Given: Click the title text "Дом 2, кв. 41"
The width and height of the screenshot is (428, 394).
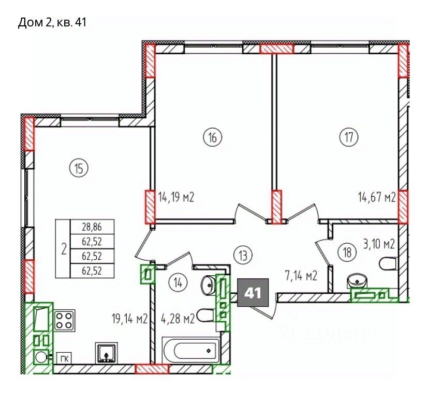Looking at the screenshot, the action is point(52,22).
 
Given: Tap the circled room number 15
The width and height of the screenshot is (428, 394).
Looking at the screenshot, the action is point(79,169).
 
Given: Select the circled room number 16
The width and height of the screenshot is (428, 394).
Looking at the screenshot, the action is point(213,137).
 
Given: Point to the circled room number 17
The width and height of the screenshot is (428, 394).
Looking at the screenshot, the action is point(349,137).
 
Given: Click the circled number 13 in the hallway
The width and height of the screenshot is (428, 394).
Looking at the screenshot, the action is point(243,256).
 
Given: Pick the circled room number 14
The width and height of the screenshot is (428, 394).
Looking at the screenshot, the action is point(178,283).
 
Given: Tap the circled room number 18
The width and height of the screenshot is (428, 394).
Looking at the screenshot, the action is point(347,252).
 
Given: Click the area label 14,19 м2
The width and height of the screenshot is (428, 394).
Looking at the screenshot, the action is point(176,197).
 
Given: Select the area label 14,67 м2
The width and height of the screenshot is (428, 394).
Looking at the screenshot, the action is point(377,197).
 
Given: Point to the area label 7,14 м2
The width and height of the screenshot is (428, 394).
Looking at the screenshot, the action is point(300,277).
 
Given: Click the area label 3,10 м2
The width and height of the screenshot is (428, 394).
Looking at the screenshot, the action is point(378,244).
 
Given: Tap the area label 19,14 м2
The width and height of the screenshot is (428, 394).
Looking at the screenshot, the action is point(130,318).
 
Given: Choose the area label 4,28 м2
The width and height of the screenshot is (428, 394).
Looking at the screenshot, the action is point(178,318).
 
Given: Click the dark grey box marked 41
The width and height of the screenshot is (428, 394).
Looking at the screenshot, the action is point(253,292).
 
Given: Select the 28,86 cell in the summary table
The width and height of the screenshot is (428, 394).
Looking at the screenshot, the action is point(92,227).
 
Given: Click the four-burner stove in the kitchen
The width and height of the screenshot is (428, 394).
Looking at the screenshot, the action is point(64,321).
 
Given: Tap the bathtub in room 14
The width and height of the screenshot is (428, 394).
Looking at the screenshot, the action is point(191,351).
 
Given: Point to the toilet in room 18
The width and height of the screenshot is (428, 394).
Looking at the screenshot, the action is point(388,263).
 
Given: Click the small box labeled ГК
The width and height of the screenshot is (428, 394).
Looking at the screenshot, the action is point(64,358).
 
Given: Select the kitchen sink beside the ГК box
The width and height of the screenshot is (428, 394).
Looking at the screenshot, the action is point(107,353).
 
